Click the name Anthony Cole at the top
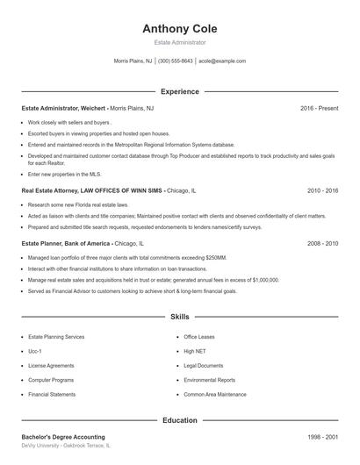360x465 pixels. [x=179, y=28]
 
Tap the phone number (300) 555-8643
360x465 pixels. [x=176, y=61]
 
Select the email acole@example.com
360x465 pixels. [x=222, y=61]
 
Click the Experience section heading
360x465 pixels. [x=179, y=91]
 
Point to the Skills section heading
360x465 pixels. [x=179, y=315]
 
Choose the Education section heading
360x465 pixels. [x=179, y=420]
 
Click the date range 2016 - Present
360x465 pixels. [x=319, y=108]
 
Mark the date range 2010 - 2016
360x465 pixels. [x=322, y=190]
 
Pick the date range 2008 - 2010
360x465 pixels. [x=322, y=243]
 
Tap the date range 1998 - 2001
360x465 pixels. [x=322, y=437]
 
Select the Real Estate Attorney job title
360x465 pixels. [x=90, y=190]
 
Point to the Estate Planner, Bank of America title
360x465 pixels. [x=66, y=243]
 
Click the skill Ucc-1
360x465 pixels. [x=36, y=351]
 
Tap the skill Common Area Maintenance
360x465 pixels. [x=215, y=395]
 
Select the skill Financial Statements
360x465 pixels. [x=52, y=395]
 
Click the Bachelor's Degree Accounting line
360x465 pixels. [x=63, y=437]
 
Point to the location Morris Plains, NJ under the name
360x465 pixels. [x=133, y=61]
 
